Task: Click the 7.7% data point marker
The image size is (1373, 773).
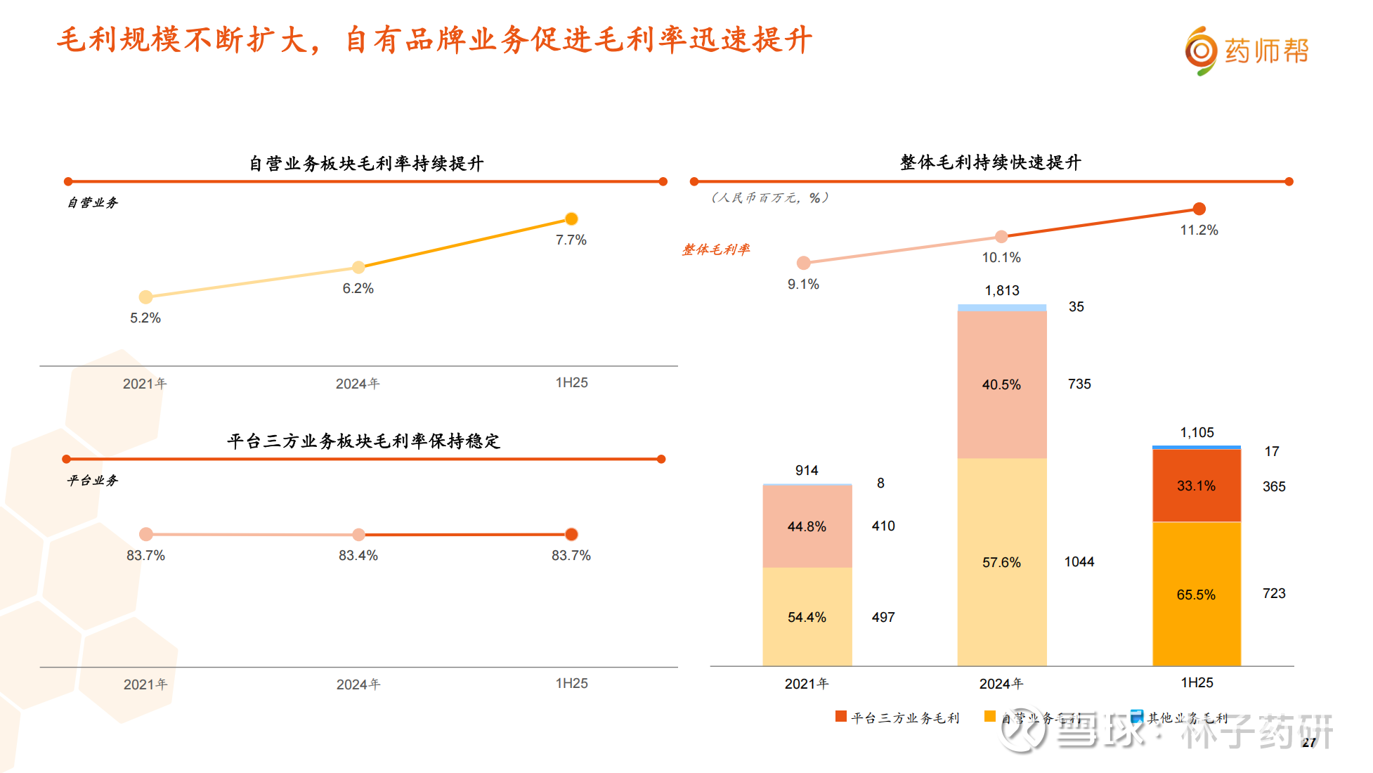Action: (x=571, y=219)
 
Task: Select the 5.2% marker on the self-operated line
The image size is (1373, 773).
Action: (x=145, y=297)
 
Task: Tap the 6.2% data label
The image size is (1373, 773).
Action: (x=358, y=288)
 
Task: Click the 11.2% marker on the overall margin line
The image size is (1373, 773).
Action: (x=1199, y=209)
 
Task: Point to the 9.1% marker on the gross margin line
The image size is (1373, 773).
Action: (x=803, y=263)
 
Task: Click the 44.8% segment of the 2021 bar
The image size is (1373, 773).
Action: (x=807, y=526)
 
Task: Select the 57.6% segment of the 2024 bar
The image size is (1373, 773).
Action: (x=1001, y=562)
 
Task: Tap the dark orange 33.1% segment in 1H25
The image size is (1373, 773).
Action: (x=1196, y=486)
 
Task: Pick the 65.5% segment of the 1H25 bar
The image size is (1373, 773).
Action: (x=1196, y=595)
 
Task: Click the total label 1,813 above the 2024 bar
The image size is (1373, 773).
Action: (x=1001, y=290)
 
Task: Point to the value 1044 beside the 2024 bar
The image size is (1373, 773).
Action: (x=1079, y=561)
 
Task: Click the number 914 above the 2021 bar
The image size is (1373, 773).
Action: (x=807, y=470)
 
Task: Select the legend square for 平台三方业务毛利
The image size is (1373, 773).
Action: (x=840, y=716)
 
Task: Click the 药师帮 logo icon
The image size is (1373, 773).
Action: (x=1201, y=51)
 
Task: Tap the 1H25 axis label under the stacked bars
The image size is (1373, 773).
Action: (x=1197, y=682)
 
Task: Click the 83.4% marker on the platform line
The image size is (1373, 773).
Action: (x=358, y=535)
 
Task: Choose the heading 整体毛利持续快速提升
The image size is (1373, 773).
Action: (x=990, y=162)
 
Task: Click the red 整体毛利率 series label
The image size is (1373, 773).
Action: (x=715, y=249)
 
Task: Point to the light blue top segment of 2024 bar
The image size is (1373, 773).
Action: (x=1001, y=308)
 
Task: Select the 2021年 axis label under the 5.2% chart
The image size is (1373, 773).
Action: (x=145, y=384)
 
